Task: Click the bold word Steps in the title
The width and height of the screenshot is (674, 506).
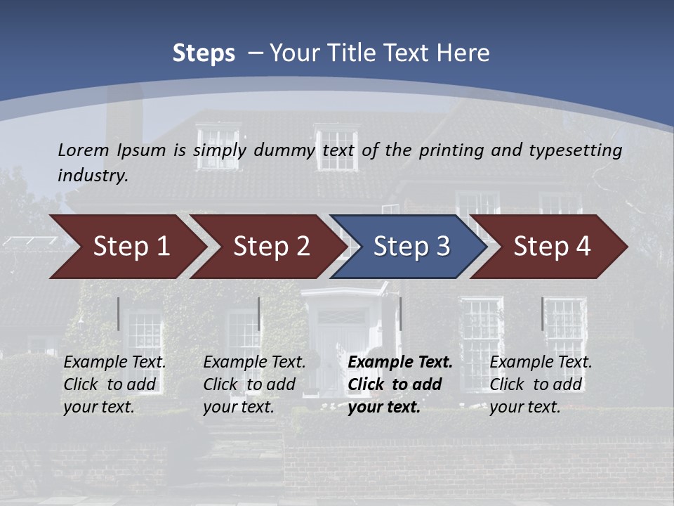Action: (x=204, y=53)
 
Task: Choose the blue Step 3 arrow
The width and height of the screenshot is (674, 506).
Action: (x=411, y=247)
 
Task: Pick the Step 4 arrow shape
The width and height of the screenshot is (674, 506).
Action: (x=552, y=247)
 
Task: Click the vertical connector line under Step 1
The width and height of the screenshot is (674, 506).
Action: (x=119, y=313)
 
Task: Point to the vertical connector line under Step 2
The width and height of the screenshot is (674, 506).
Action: (x=259, y=313)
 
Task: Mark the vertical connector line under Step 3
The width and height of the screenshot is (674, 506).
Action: (x=400, y=313)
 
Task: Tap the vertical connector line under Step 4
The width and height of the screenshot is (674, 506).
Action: (x=542, y=313)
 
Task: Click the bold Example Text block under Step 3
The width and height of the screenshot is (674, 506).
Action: (x=400, y=384)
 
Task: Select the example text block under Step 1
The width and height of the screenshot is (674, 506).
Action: (x=114, y=384)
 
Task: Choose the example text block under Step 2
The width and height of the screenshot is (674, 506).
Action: (x=254, y=384)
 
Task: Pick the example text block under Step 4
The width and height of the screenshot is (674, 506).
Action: (x=541, y=384)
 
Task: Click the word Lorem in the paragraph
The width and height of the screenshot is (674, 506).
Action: (x=84, y=150)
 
